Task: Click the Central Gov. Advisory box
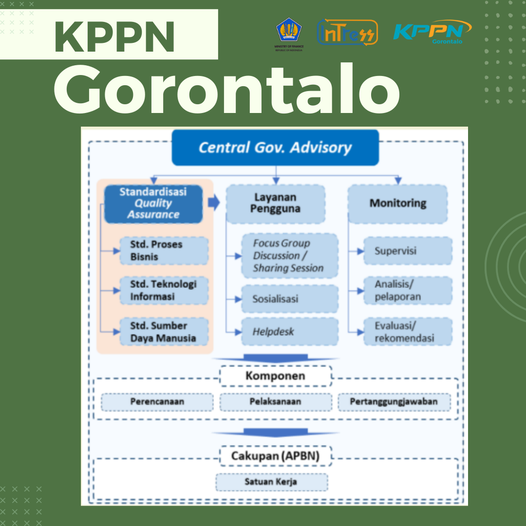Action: click(275, 148)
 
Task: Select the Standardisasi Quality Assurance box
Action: click(153, 204)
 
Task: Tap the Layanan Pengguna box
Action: click(275, 204)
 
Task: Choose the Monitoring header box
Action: click(397, 204)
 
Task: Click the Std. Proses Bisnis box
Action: click(164, 251)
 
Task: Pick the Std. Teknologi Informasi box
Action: click(164, 290)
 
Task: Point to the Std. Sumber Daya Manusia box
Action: click(164, 332)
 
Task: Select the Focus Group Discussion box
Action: click(289, 256)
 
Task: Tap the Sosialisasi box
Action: click(289, 299)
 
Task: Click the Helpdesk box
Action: click(289, 332)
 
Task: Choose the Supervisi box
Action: click(408, 251)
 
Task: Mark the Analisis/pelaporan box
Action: click(408, 290)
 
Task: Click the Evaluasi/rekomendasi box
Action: click(408, 332)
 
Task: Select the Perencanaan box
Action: click(157, 402)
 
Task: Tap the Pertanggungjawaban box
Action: click(394, 402)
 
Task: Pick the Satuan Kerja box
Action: click(272, 482)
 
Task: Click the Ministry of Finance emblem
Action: click(289, 34)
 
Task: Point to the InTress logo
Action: click(348, 33)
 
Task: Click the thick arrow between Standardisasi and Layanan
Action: click(214, 202)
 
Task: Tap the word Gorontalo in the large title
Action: click(227, 89)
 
